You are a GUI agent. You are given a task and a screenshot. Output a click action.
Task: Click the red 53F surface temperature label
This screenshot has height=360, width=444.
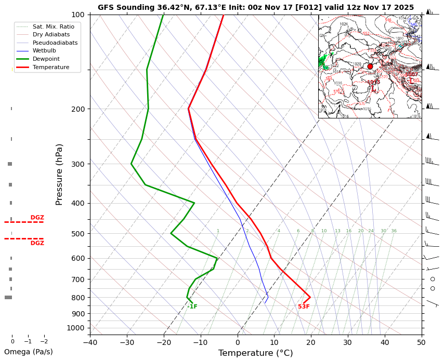tap(304, 307)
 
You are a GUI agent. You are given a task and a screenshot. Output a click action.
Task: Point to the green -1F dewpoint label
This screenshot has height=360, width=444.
tap(192, 307)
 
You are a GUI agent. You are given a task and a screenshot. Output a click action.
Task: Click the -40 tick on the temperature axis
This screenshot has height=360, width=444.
tap(90, 342)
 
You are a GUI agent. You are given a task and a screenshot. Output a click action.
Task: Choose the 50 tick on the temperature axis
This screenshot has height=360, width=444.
tap(421, 342)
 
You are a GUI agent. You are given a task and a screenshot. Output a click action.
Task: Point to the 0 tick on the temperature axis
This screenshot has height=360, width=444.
tap(238, 342)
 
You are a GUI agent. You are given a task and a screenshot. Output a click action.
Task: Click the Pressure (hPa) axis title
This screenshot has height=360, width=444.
tap(59, 174)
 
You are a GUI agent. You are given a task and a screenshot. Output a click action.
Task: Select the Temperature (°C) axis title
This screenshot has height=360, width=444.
tap(255, 353)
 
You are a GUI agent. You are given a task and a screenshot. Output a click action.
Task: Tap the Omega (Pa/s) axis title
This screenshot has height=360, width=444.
tap(29, 352)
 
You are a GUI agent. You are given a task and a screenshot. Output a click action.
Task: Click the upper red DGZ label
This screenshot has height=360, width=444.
tap(37, 218)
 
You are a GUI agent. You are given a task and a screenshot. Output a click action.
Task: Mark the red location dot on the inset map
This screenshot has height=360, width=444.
tap(370, 66)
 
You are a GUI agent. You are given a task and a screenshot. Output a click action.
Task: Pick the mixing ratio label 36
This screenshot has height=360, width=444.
tap(394, 231)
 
